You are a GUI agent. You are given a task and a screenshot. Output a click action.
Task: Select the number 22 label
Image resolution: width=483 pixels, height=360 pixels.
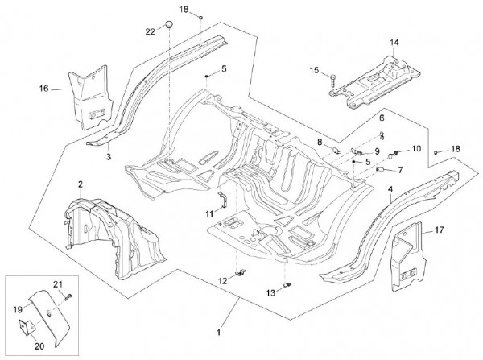[x=150, y=31]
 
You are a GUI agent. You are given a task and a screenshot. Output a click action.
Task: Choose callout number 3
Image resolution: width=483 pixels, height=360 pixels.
[x=109, y=158]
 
